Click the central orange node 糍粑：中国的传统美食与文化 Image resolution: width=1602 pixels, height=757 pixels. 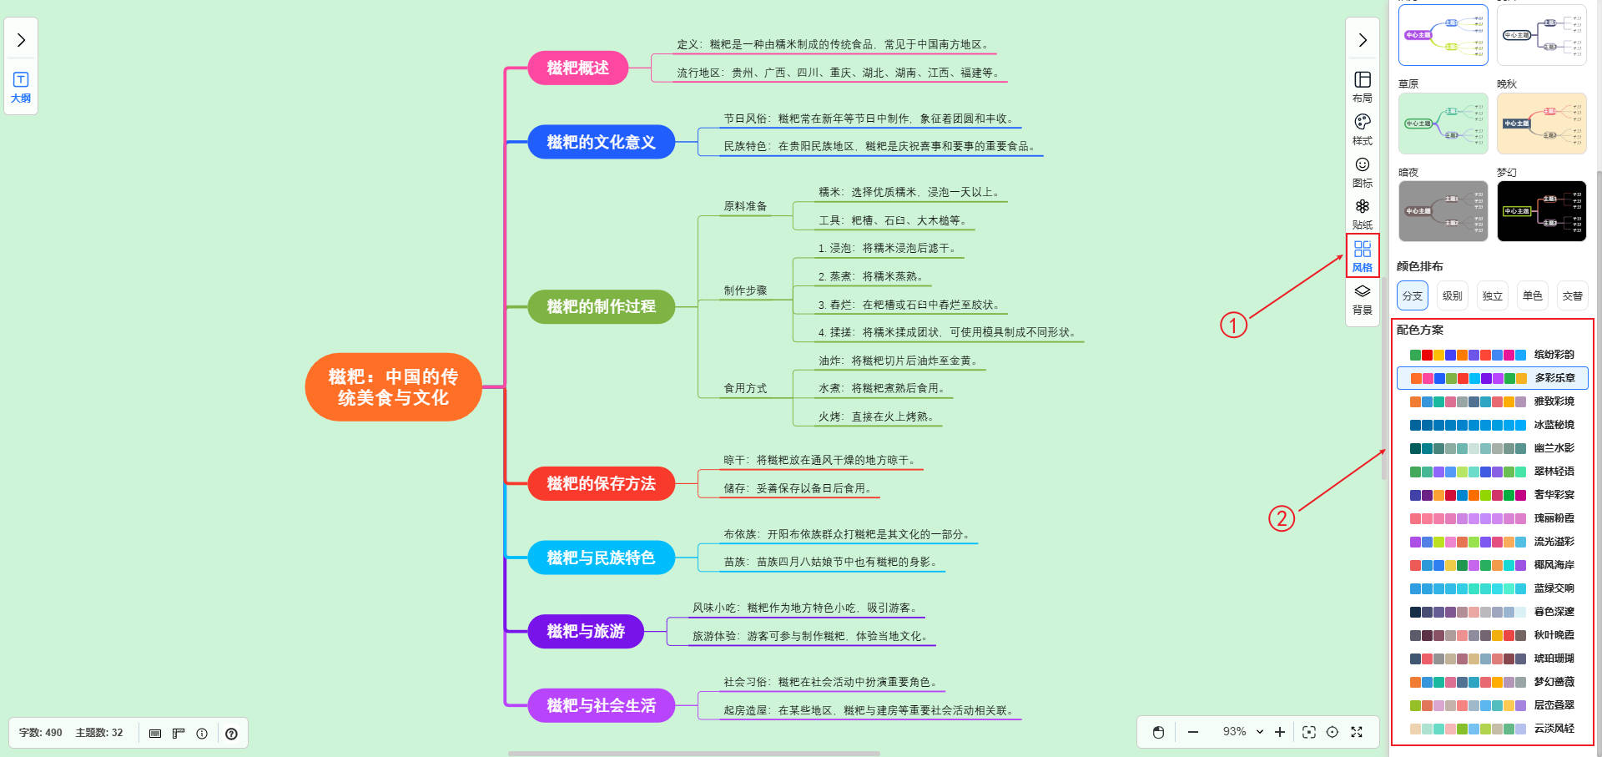click(x=393, y=387)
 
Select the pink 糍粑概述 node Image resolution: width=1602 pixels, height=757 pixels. click(x=577, y=68)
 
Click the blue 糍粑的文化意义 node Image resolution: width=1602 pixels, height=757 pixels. click(x=601, y=142)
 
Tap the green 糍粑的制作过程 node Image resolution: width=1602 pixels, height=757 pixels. click(x=601, y=306)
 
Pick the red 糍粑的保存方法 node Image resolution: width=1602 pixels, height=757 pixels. click(x=601, y=483)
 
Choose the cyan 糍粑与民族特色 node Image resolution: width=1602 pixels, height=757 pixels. click(x=601, y=558)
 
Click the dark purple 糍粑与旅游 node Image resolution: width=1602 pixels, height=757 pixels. click(x=586, y=631)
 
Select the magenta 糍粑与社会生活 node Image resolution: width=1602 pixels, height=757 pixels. click(x=601, y=705)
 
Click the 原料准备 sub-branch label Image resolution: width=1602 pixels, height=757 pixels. click(x=745, y=206)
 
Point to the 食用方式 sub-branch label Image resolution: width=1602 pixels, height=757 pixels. click(x=745, y=388)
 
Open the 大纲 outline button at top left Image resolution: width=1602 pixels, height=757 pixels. click(x=21, y=87)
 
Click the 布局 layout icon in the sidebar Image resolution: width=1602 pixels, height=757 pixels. click(x=1363, y=86)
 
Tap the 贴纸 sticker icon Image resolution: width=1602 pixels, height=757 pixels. click(x=1363, y=213)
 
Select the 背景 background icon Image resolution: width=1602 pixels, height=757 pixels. click(x=1363, y=298)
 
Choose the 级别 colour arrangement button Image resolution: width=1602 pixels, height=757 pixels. click(x=1452, y=295)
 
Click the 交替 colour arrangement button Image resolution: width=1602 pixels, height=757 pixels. click(x=1572, y=295)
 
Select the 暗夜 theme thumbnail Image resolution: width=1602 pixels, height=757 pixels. click(x=1443, y=211)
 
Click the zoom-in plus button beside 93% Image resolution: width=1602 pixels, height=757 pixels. click(x=1280, y=732)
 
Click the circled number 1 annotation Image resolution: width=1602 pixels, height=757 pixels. click(x=1233, y=325)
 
